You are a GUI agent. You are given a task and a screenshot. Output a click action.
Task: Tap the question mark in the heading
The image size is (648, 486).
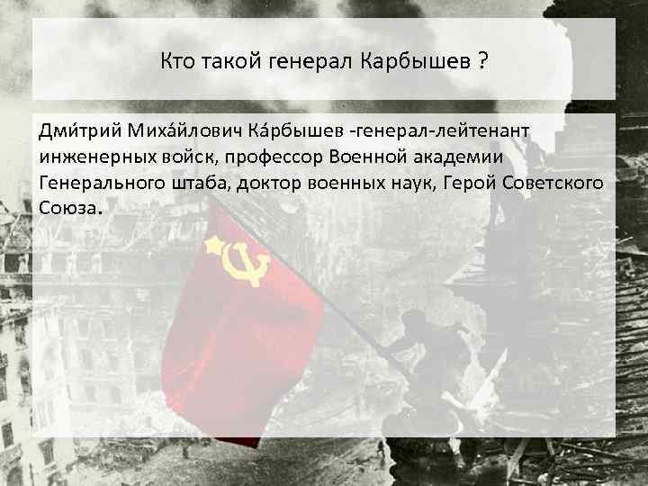tap(483, 62)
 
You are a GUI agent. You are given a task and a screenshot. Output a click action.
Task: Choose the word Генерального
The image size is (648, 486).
tap(97, 183)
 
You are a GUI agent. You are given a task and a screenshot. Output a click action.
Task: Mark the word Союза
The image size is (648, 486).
tap(67, 208)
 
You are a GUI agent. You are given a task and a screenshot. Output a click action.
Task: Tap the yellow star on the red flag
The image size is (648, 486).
tap(214, 245)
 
